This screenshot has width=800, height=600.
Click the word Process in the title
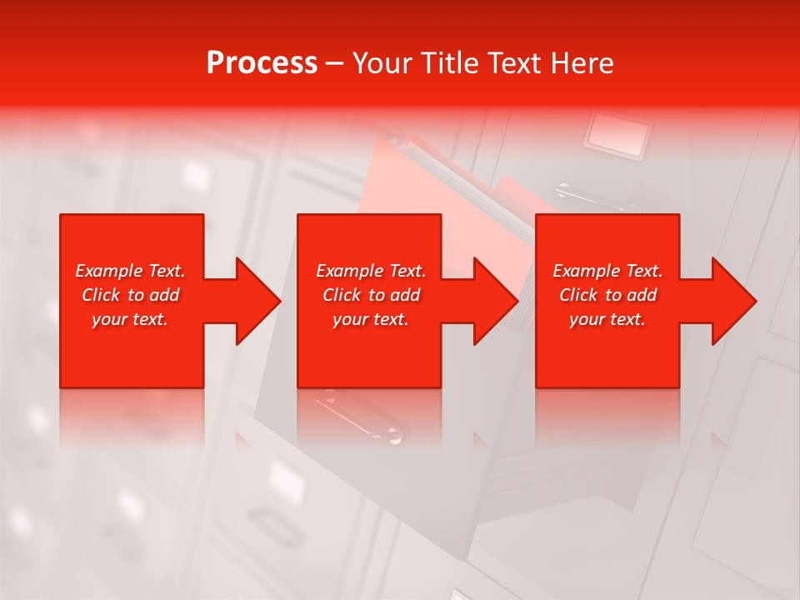pyautogui.click(x=262, y=63)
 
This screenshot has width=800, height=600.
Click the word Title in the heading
pyautogui.click(x=446, y=63)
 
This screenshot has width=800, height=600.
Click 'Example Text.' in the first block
pyautogui.click(x=130, y=271)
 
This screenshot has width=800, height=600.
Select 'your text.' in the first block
pyautogui.click(x=130, y=319)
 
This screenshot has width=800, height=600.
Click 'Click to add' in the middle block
pyautogui.click(x=371, y=295)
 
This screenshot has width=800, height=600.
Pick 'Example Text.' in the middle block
pyautogui.click(x=371, y=271)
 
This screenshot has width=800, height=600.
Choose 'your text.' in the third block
pyautogui.click(x=607, y=319)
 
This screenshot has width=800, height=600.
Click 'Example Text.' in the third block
pyautogui.click(x=607, y=271)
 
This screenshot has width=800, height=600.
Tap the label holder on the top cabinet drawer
pyautogui.click(x=618, y=134)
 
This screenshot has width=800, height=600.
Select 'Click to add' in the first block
pyautogui.click(x=130, y=295)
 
